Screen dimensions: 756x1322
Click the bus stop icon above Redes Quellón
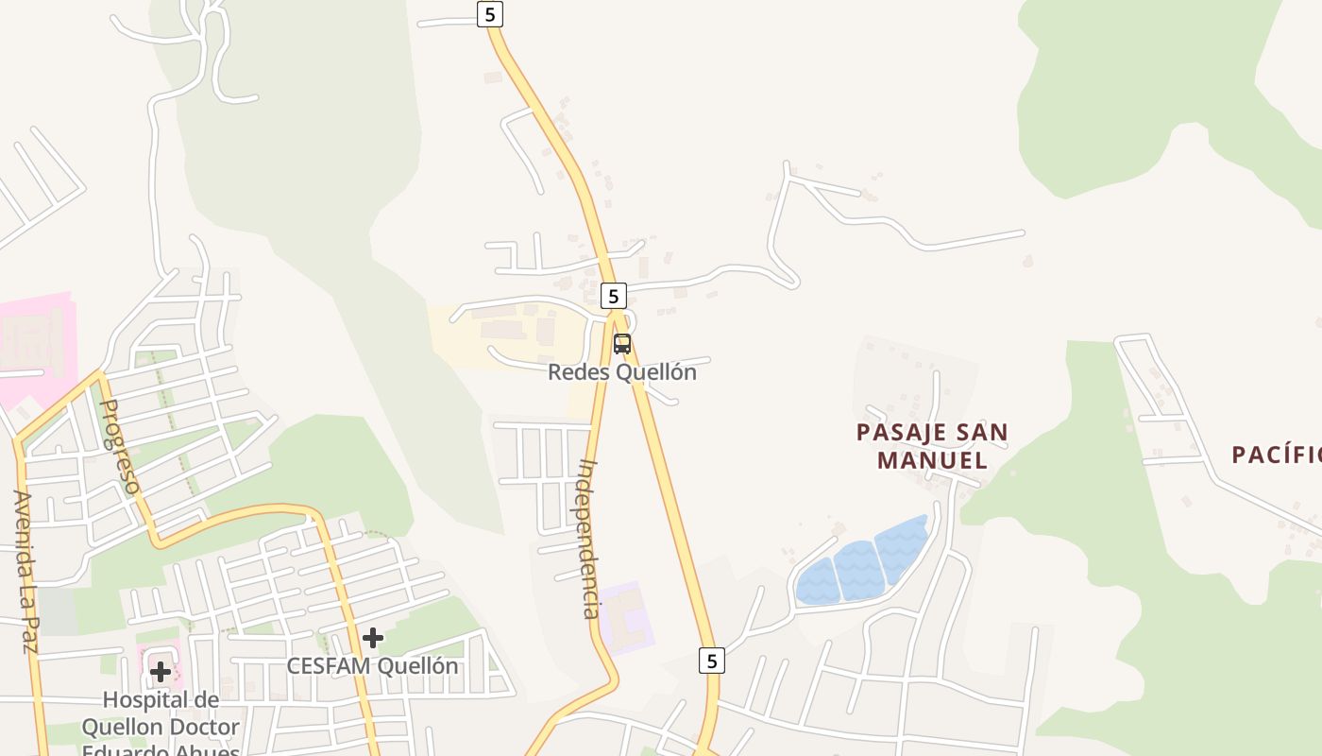(621, 344)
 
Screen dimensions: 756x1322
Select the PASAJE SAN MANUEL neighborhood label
(932, 446)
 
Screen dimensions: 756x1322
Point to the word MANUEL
(932, 460)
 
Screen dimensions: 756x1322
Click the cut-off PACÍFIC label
(1276, 455)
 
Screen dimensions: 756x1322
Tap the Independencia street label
(590, 539)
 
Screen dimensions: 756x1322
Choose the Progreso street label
(120, 446)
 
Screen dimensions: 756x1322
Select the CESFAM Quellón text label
(373, 666)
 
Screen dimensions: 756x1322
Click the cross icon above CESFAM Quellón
(373, 638)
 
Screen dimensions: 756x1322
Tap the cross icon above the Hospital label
(161, 672)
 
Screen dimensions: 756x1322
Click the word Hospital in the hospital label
(161, 700)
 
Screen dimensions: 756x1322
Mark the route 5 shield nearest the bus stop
(613, 296)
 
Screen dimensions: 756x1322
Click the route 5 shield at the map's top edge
(489, 14)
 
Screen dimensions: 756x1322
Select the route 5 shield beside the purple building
(712, 660)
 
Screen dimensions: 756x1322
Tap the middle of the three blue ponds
(857, 570)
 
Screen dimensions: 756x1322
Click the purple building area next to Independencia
(624, 617)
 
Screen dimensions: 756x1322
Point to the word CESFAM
(329, 666)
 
